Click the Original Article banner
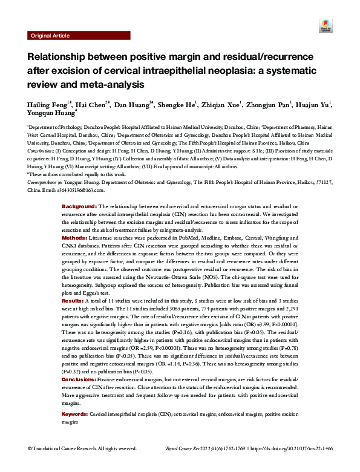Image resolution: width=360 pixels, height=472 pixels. tap(50, 36)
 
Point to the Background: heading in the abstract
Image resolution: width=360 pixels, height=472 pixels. tap(79, 207)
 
